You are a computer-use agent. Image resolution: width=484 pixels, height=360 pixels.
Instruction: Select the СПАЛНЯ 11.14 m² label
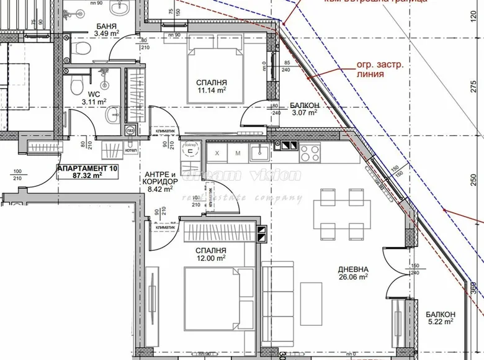(x=212, y=86)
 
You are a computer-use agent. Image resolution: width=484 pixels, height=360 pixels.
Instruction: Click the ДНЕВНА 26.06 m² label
(x=354, y=274)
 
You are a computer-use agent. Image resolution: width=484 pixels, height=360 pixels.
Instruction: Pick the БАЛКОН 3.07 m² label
(x=304, y=109)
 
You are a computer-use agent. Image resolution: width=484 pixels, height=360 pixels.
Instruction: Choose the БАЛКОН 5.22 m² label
(x=441, y=318)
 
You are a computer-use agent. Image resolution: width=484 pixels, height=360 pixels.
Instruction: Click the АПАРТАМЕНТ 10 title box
(x=87, y=171)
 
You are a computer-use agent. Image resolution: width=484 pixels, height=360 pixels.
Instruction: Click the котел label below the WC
(x=130, y=149)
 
